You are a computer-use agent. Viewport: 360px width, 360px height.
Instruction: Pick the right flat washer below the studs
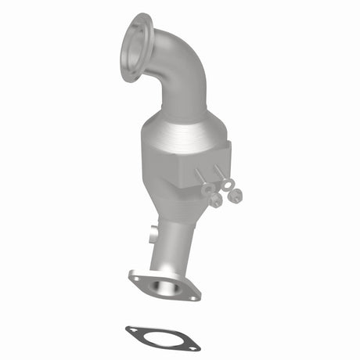tap(228, 185)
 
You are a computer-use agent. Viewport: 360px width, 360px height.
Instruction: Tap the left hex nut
tap(214, 201)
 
